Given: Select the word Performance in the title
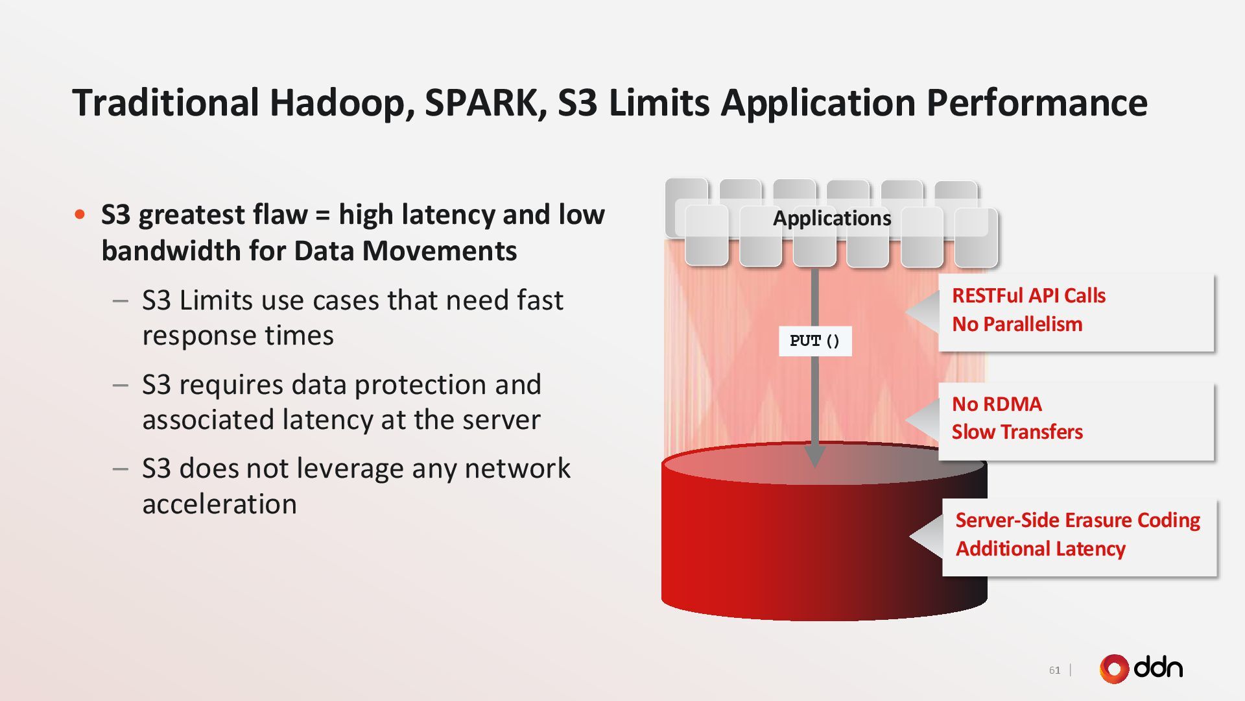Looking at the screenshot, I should [x=1036, y=103].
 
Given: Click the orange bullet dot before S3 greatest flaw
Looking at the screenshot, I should [x=80, y=215].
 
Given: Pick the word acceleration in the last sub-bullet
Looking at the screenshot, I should [x=219, y=504].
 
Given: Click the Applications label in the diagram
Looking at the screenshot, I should [x=832, y=218].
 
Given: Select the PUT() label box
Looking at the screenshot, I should [x=815, y=341].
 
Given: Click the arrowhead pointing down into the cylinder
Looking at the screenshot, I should [x=814, y=456].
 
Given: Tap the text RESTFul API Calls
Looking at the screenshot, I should [x=1028, y=296].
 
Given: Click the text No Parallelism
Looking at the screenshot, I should [x=1017, y=325].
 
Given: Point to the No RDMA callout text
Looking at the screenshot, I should [x=997, y=404].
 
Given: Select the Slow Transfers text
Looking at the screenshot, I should [x=1017, y=432].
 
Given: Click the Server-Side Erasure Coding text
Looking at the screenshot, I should [x=1077, y=521].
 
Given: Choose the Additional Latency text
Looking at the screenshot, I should [x=1040, y=549].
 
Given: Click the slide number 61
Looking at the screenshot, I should [x=1054, y=670].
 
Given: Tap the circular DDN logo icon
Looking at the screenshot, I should [x=1114, y=669].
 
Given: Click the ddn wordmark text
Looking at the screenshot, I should [x=1159, y=668].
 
